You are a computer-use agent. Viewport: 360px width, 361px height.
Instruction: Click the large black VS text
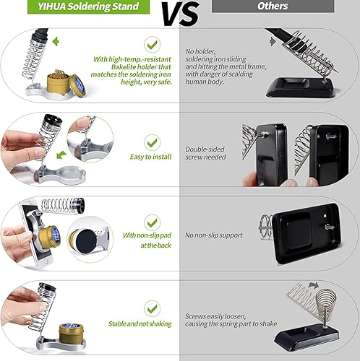pos(181,14)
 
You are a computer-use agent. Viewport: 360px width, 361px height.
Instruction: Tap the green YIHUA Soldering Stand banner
pos(88,6)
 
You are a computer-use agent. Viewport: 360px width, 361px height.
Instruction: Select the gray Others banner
pos(273,6)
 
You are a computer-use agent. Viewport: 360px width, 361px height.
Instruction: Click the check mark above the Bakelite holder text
pos(152,45)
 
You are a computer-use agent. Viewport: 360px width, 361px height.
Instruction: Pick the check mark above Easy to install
pos(152,143)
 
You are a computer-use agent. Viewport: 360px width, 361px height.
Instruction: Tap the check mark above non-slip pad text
pos(152,223)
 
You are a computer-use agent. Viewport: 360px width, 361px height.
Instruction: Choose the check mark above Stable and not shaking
pos(152,309)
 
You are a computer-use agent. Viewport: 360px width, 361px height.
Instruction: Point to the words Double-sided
pos(205,149)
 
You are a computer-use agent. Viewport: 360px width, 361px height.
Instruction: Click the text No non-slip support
pos(214,235)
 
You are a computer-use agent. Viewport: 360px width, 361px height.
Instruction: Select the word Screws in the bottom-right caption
pos(195,316)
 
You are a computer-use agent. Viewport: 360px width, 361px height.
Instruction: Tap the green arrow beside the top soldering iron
pos(56,41)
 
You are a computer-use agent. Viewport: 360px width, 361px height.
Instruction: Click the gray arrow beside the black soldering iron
pos(273,42)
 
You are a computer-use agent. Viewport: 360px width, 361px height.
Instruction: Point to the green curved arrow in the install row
pos(61,155)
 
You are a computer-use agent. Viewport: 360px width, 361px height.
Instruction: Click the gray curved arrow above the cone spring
pos(314,285)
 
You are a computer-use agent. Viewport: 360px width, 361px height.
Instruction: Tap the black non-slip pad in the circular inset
pos(87,241)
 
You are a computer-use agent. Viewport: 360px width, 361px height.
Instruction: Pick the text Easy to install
pos(150,157)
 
